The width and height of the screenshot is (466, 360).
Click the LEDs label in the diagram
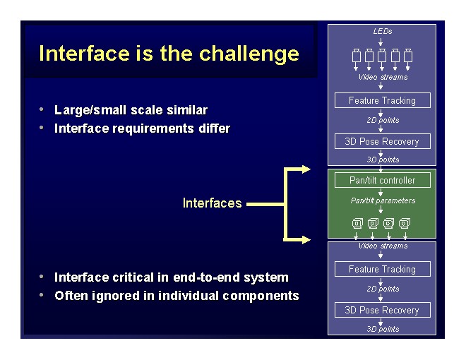point(382,31)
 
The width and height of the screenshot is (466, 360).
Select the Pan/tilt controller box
point(382,180)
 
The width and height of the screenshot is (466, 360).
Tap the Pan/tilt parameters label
point(383,200)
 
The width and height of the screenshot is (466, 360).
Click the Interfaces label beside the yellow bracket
point(212,203)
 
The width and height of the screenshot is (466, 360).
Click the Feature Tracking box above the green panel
point(382,100)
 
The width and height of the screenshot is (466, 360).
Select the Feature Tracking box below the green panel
point(382,269)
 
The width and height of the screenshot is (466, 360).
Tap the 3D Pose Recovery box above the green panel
point(382,141)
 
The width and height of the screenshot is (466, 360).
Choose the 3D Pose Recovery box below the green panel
point(382,310)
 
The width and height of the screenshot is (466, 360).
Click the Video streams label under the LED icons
point(383,77)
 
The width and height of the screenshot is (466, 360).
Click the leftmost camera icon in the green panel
point(357,224)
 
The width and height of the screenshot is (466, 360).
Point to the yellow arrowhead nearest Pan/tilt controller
point(305,169)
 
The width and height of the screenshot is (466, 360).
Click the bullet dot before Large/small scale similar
point(43,109)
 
